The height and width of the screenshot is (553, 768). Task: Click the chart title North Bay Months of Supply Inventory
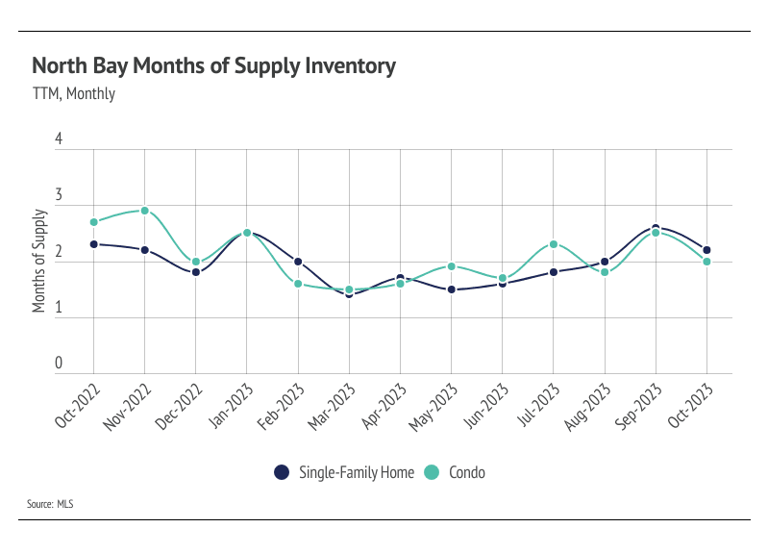click(x=213, y=66)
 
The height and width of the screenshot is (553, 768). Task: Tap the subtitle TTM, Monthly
click(x=73, y=94)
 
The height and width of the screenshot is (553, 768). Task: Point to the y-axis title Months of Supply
click(x=39, y=260)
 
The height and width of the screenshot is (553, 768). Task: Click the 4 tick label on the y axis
click(x=59, y=139)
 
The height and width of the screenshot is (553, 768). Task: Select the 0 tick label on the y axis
click(x=59, y=364)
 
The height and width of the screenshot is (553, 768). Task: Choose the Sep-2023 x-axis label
click(x=636, y=405)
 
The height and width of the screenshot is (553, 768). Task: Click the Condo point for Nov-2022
click(x=144, y=211)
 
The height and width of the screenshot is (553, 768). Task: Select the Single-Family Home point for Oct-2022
click(x=93, y=244)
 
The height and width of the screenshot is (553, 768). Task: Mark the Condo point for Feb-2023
click(x=298, y=284)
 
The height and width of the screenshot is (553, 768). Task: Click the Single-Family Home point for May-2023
click(x=452, y=289)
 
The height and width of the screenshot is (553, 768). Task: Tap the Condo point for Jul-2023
click(x=554, y=244)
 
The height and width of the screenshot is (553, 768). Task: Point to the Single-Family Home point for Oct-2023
click(x=707, y=250)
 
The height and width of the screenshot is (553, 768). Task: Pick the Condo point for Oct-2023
click(x=707, y=262)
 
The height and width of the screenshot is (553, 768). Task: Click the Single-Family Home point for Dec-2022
click(x=196, y=272)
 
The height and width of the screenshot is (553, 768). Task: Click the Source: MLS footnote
click(x=52, y=504)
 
